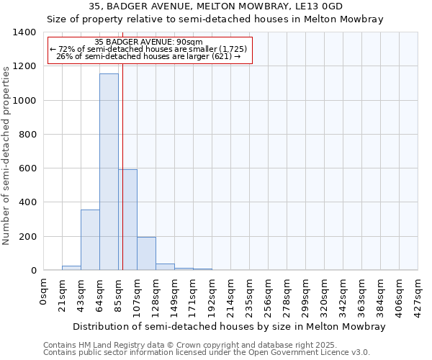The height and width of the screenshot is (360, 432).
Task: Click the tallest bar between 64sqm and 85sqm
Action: [109, 173]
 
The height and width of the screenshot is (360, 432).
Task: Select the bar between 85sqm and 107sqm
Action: [128, 220]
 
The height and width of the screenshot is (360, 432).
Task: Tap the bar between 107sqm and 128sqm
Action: [146, 253]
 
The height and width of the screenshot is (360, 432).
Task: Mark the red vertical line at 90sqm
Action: [123, 144]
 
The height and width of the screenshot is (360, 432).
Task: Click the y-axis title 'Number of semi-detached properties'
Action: [6, 155]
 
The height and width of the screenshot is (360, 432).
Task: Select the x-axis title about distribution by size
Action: [230, 326]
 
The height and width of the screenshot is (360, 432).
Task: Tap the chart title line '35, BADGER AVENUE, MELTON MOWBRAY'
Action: [215, 6]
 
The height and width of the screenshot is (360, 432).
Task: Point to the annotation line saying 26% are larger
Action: [148, 56]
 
